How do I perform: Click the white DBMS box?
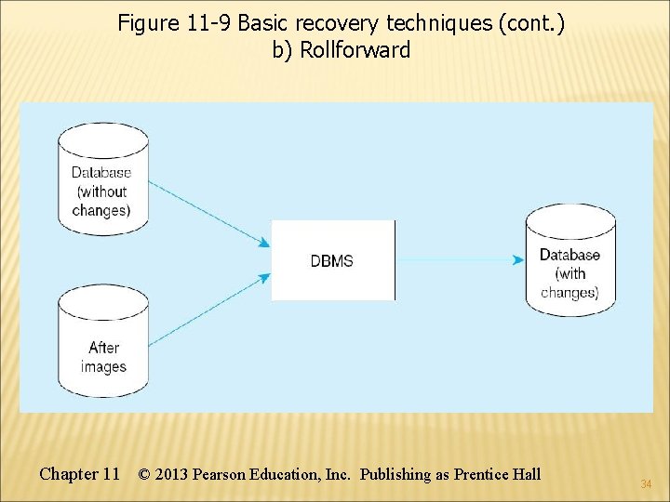[332, 260]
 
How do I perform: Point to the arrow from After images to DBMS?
[209, 309]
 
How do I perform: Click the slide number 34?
[646, 484]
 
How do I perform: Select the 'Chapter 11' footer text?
[79, 474]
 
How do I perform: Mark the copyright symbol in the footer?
[144, 474]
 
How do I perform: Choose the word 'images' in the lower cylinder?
[103, 367]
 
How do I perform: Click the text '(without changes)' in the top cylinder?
[101, 201]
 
